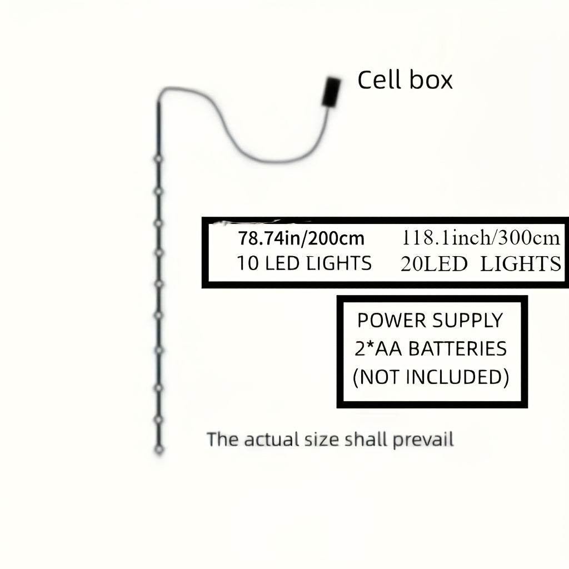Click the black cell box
[x=332, y=92]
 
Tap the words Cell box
[x=405, y=80]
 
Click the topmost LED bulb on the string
[x=158, y=159]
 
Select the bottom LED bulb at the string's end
[x=159, y=449]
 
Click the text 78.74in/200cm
[x=301, y=238]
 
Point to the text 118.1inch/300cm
[x=481, y=238]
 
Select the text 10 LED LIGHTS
[x=304, y=263]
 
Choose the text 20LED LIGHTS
[x=481, y=264]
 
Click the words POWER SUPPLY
[x=430, y=321]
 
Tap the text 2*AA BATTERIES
[x=431, y=349]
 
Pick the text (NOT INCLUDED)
[x=431, y=377]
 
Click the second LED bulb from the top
[x=158, y=191]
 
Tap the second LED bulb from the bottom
[x=158, y=419]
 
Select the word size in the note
[x=322, y=440]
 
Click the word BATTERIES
[x=458, y=349]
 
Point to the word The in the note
[x=223, y=439]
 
